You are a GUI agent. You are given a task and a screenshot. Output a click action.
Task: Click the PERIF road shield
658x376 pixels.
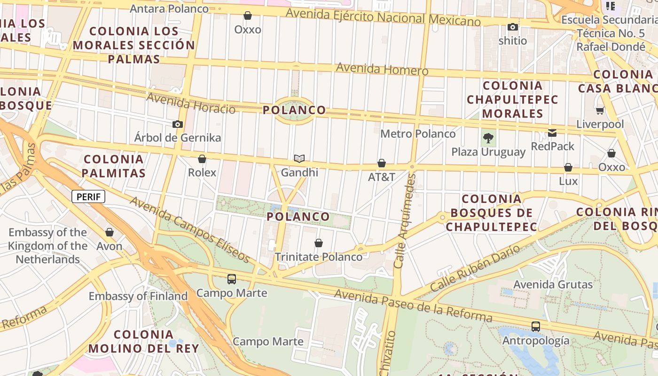(88, 196)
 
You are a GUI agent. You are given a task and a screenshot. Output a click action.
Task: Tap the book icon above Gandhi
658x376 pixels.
(299, 158)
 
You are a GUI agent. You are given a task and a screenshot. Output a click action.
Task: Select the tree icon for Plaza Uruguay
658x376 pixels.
(488, 138)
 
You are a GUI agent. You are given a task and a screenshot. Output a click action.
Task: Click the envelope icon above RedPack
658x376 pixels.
(552, 133)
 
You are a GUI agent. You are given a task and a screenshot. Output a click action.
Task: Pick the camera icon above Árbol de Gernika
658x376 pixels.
(177, 124)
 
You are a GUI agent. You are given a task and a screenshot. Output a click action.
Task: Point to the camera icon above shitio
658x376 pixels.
(513, 27)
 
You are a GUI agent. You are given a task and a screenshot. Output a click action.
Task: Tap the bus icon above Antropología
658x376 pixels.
(535, 326)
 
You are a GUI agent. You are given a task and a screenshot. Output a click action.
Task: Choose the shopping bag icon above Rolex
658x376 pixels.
(202, 159)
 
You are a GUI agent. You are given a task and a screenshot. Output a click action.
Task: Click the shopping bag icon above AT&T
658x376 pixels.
(382, 163)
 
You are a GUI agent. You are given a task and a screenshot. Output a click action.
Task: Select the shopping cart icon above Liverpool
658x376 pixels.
(600, 111)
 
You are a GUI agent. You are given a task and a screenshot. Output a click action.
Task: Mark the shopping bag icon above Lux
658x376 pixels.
(568, 167)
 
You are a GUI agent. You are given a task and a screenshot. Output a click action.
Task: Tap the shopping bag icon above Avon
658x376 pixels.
(110, 232)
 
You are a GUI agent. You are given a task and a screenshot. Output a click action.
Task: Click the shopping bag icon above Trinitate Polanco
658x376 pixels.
(319, 243)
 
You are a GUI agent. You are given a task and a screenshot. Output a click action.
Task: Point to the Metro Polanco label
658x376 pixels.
(418, 134)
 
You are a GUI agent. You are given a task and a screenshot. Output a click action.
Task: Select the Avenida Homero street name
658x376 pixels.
(382, 69)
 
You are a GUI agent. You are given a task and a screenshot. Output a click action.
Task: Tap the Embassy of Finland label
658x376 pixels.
(138, 296)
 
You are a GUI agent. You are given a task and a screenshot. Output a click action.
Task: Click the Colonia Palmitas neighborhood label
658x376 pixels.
(113, 166)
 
